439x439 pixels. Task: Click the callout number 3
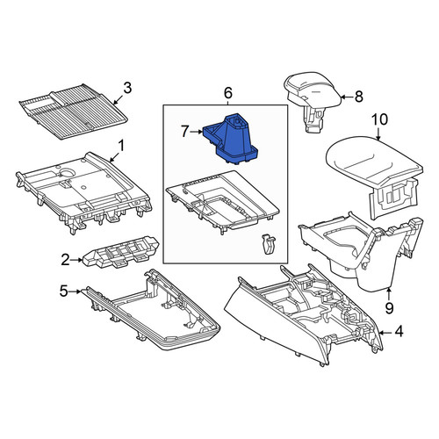point(127,88)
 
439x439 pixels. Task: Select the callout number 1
point(121,146)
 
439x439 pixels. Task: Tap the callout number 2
point(65,260)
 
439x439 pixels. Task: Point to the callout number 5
point(64,291)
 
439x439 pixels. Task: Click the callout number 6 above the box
point(228,93)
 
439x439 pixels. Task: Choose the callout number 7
point(184,132)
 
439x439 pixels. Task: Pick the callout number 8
point(359,97)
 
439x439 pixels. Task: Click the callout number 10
point(380,119)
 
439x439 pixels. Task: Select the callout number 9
point(389,308)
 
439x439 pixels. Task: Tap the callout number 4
point(399,332)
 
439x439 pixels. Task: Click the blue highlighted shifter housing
point(231,139)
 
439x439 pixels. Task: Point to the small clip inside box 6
point(268,244)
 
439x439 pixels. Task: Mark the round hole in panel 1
point(68,173)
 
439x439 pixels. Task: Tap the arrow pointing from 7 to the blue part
point(196,132)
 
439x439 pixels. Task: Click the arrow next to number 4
point(385,333)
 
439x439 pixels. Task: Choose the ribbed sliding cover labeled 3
point(73,112)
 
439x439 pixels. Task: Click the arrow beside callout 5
point(76,291)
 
